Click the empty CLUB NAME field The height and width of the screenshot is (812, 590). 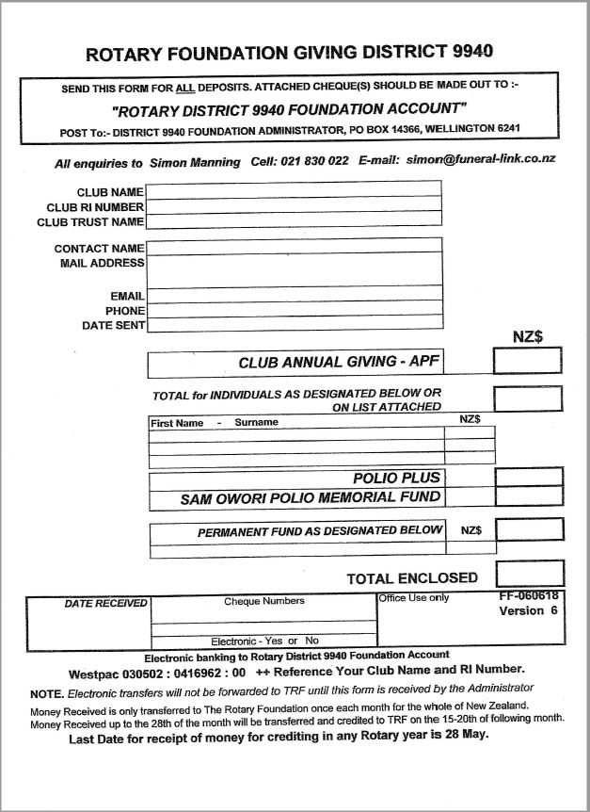(293, 190)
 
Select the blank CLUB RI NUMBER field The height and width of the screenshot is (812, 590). (293, 205)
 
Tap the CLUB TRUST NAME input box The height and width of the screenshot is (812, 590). (293, 220)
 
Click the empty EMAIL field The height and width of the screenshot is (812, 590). (293, 294)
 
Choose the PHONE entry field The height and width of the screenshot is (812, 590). (293, 309)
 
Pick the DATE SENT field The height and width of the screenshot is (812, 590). (293, 325)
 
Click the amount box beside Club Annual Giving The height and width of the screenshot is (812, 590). (527, 362)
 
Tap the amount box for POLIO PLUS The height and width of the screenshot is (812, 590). (529, 477)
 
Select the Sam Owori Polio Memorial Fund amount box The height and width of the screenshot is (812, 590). (529, 497)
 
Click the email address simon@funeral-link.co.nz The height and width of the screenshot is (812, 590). (481, 160)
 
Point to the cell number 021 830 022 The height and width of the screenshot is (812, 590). (314, 161)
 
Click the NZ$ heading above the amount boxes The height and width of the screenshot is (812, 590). (528, 335)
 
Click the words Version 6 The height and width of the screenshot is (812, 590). (528, 610)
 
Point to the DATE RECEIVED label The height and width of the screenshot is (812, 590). (105, 603)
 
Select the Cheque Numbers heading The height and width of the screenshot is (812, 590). (263, 600)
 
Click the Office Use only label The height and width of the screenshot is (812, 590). (414, 597)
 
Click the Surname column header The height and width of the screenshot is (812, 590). (256, 422)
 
